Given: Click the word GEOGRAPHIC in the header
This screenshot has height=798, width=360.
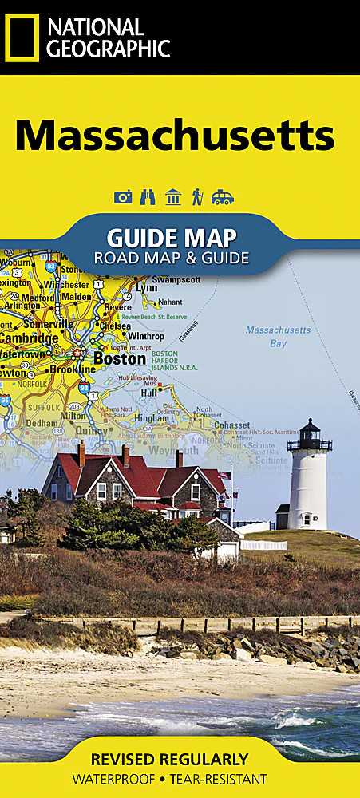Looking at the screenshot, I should [x=108, y=49].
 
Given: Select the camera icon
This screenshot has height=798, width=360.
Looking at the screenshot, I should [x=123, y=197].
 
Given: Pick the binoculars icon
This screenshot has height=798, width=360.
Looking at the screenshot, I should [x=147, y=197].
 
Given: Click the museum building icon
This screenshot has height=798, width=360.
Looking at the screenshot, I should [x=172, y=197].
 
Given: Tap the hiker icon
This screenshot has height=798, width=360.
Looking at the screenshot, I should [x=196, y=197].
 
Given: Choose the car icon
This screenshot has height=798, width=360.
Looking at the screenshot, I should [x=222, y=197].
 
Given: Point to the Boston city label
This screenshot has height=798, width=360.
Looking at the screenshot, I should [x=120, y=359].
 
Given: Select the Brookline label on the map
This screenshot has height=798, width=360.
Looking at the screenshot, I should [x=73, y=369].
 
